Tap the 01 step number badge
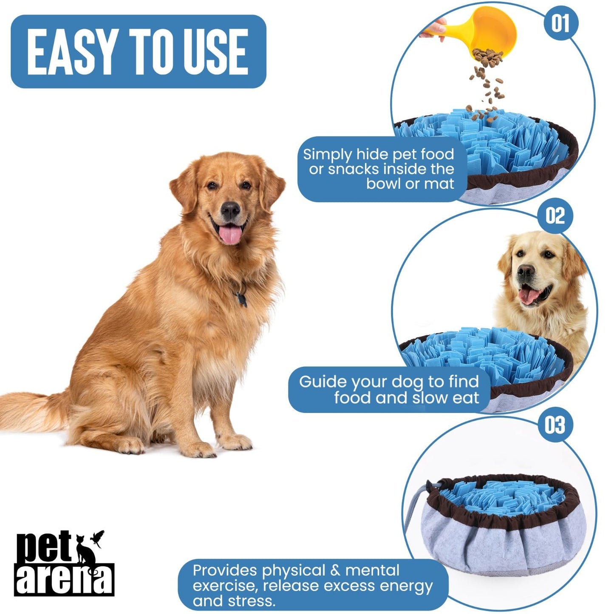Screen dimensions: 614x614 560,23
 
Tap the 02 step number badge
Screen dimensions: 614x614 555,215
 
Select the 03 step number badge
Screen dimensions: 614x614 555,424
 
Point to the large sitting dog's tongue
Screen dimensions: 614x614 230,235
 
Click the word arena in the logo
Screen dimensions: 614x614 64,579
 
